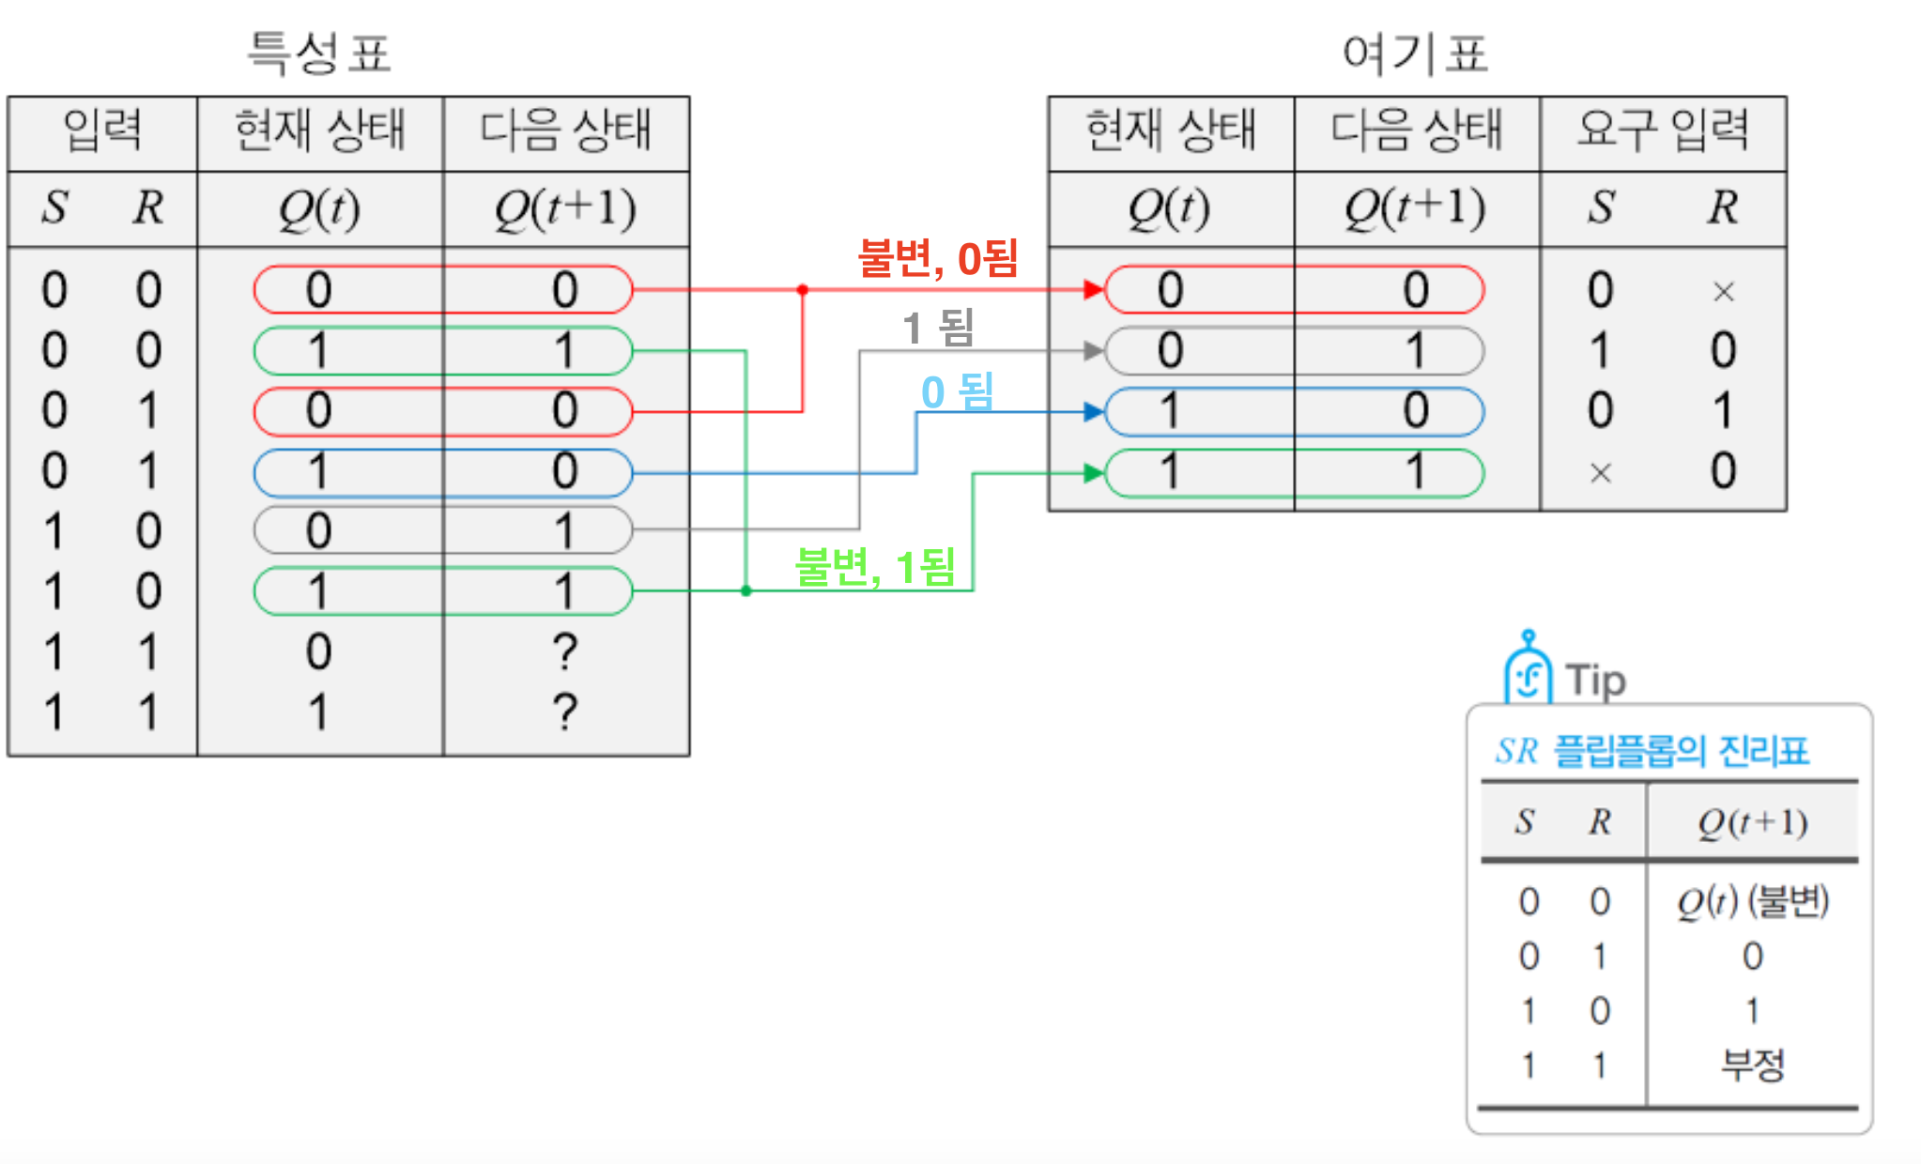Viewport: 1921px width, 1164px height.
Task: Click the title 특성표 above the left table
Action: pyautogui.click(x=318, y=53)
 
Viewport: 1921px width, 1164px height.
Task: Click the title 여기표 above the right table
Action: pyautogui.click(x=1415, y=54)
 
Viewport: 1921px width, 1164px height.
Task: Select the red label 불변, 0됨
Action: pyautogui.click(x=938, y=257)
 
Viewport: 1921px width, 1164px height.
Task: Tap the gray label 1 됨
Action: pyautogui.click(x=938, y=328)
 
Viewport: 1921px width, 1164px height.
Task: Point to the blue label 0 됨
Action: pyautogui.click(x=957, y=391)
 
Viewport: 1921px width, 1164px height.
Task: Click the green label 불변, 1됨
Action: pyautogui.click(x=875, y=567)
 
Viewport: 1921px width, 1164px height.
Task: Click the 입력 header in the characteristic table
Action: pyautogui.click(x=102, y=130)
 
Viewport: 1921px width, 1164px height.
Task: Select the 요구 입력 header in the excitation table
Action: pyautogui.click(x=1662, y=130)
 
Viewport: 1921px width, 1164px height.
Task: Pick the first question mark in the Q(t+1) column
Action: pyautogui.click(x=564, y=651)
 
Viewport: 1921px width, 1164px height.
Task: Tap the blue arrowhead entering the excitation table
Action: pyautogui.click(x=1093, y=411)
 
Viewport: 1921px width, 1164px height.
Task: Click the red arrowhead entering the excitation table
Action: pyautogui.click(x=1093, y=289)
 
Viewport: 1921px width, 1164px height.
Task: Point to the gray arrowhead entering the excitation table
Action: pyautogui.click(x=1093, y=351)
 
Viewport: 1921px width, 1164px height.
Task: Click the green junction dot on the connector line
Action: pyautogui.click(x=746, y=590)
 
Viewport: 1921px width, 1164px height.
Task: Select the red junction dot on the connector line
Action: pyautogui.click(x=803, y=290)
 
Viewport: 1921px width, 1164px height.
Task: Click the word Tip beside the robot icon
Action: pyautogui.click(x=1595, y=680)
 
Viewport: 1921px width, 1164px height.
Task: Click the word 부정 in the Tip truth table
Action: pyautogui.click(x=1752, y=1064)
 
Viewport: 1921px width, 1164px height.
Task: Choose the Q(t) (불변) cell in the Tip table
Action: pyautogui.click(x=1752, y=901)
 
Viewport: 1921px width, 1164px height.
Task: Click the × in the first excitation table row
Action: pyautogui.click(x=1723, y=292)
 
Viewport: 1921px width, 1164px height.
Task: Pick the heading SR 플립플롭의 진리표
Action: pyautogui.click(x=1652, y=751)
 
